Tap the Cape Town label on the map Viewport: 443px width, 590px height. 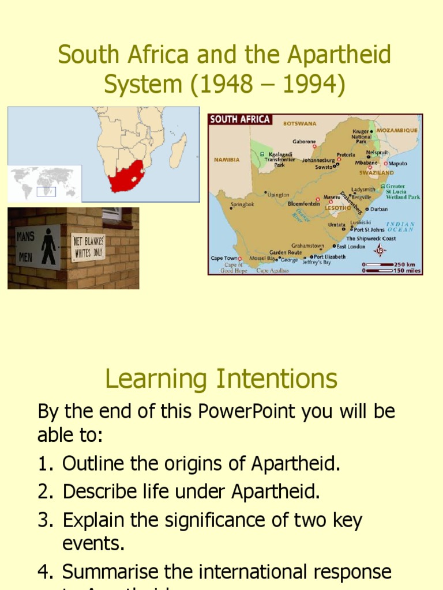[x=224, y=258]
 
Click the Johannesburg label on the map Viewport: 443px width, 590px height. [x=318, y=160]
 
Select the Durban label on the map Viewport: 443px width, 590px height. [x=379, y=209]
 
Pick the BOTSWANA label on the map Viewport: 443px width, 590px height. [x=299, y=123]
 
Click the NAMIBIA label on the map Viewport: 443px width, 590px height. [x=227, y=160]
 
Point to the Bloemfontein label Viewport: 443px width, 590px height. [x=303, y=203]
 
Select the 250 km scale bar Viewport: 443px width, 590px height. [x=379, y=264]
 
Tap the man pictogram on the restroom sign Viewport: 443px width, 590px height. [x=49, y=245]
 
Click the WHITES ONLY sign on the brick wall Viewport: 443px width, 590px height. [x=88, y=247]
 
